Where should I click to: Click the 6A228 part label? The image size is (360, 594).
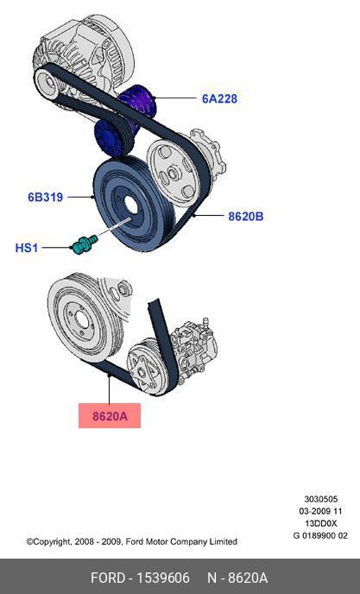pos(219,98)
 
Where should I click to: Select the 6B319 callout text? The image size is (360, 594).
pos(45,197)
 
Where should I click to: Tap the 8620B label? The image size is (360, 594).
pos(245,217)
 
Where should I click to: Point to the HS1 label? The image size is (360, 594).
pos(27,248)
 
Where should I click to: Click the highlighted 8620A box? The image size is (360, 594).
pos(110,415)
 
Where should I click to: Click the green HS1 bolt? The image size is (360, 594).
pos(84,243)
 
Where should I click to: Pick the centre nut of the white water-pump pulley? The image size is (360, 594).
pos(173,174)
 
